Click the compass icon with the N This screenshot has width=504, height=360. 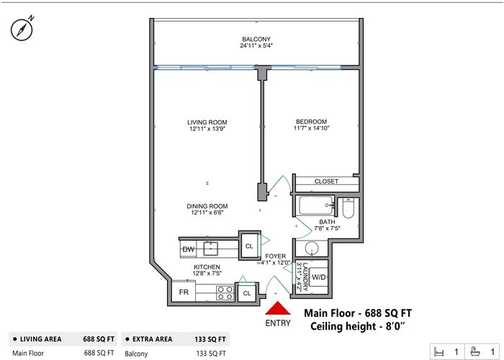22,30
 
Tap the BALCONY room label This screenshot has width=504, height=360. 256,39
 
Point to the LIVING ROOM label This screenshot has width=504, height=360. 207,122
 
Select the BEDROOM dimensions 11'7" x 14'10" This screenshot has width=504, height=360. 311,128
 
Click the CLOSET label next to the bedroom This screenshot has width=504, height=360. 326,181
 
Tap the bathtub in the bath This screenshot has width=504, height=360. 316,206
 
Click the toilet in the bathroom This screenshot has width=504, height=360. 348,207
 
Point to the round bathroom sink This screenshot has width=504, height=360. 311,248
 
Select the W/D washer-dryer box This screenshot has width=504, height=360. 318,277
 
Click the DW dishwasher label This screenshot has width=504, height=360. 188,249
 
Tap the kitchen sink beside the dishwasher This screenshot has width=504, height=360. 210,248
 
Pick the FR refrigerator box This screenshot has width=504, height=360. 184,292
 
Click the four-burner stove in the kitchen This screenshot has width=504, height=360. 225,292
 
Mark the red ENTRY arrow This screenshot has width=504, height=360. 278,308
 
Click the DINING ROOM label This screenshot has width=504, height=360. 207,206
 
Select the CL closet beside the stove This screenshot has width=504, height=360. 247,293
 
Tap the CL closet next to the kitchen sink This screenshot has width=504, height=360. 249,246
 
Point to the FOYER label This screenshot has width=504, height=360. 276,256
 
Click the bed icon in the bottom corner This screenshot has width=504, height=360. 438,351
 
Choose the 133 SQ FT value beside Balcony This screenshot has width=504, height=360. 211,354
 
